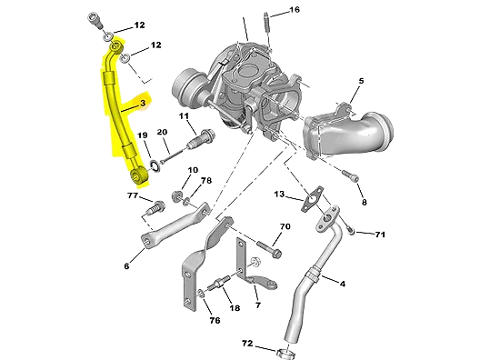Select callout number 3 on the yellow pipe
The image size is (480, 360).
(142, 105)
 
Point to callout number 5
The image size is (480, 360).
(360, 82)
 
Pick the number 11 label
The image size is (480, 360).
(183, 116)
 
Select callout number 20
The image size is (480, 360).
(163, 133)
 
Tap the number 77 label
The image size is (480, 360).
(133, 196)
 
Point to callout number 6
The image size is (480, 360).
(126, 266)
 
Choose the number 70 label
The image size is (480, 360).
(285, 226)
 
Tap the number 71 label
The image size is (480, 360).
(380, 235)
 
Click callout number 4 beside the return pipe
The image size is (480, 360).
(343, 285)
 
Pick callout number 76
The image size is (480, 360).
(215, 320)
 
